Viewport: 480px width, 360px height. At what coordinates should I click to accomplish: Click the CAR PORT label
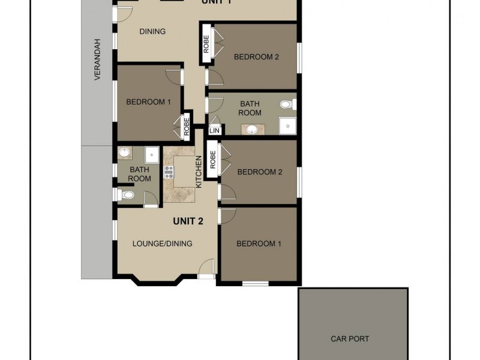click(350, 339)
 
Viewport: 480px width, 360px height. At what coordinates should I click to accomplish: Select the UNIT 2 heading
click(188, 221)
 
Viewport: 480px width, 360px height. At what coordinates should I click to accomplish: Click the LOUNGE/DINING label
click(162, 244)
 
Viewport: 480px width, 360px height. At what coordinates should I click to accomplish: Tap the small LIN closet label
click(214, 130)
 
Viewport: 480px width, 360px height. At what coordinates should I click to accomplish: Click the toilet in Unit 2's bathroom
click(126, 195)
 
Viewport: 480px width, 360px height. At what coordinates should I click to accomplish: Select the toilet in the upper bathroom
click(287, 105)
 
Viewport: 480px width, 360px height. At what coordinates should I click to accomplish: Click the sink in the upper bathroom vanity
click(251, 128)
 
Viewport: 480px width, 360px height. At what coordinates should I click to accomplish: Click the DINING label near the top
click(152, 32)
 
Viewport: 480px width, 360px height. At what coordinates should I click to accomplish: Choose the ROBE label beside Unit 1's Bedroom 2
click(206, 47)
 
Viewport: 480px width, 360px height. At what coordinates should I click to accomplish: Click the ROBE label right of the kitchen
click(212, 159)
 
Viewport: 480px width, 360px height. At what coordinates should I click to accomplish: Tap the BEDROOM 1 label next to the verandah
click(148, 102)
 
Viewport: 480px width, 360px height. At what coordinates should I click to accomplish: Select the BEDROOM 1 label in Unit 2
click(259, 244)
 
